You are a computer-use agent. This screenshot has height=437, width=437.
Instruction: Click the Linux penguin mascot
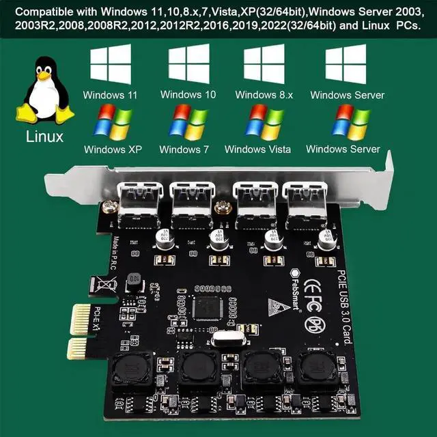coord(46,91)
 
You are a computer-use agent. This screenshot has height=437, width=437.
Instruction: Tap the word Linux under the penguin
coord(45,136)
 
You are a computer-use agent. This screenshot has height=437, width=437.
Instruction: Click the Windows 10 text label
coord(188,95)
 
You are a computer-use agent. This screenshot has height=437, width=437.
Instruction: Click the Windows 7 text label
coord(184,149)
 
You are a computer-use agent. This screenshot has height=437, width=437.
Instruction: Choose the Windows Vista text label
coord(257,149)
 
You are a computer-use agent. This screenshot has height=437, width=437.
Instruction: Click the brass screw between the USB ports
coord(221,209)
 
